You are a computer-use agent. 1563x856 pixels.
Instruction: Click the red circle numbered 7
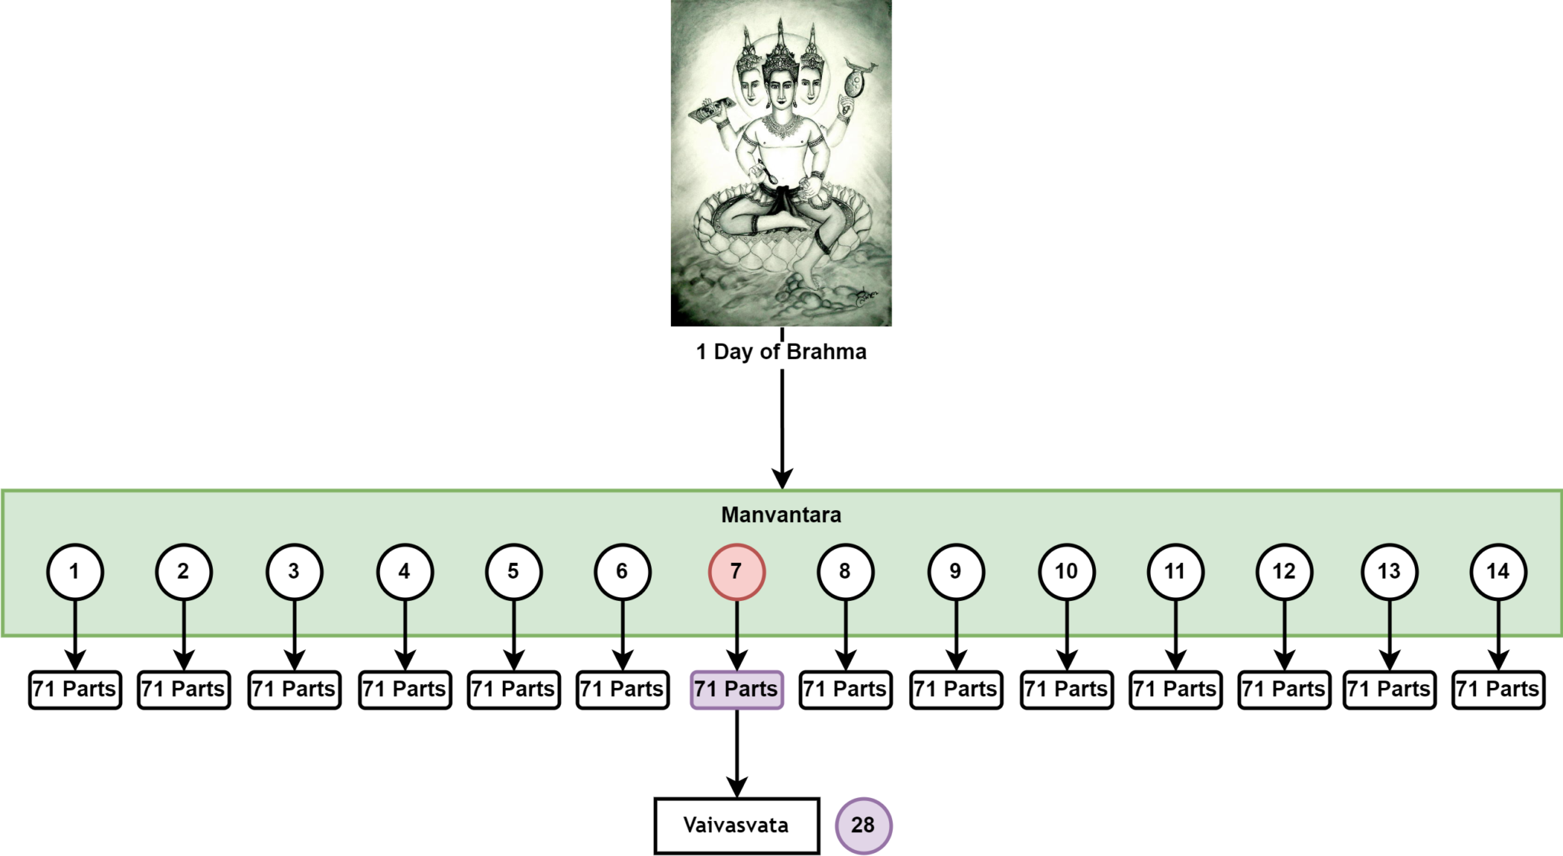click(736, 572)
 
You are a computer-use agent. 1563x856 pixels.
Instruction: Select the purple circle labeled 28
click(863, 825)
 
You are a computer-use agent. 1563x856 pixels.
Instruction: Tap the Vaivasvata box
click(736, 825)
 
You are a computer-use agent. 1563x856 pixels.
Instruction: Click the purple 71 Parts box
click(736, 690)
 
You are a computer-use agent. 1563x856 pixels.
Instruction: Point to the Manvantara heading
click(781, 515)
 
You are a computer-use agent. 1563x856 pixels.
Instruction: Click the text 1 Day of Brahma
click(781, 352)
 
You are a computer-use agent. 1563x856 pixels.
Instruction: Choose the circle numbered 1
click(75, 572)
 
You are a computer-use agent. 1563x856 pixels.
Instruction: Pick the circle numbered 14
click(1498, 572)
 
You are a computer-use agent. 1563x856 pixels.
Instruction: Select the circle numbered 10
click(1066, 572)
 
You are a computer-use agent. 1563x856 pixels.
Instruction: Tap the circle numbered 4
click(404, 572)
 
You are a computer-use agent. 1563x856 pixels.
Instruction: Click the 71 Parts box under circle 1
click(75, 690)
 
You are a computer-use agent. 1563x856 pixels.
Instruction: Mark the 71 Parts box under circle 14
click(1498, 690)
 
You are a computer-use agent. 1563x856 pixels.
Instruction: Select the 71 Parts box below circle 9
click(956, 690)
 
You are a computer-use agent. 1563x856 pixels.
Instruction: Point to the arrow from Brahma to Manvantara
click(782, 428)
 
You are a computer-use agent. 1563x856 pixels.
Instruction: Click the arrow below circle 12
click(1284, 634)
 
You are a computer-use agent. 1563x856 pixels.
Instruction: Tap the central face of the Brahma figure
click(780, 89)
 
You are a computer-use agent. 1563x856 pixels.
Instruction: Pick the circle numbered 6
click(623, 572)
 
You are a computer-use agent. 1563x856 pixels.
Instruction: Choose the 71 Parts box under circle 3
click(295, 690)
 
